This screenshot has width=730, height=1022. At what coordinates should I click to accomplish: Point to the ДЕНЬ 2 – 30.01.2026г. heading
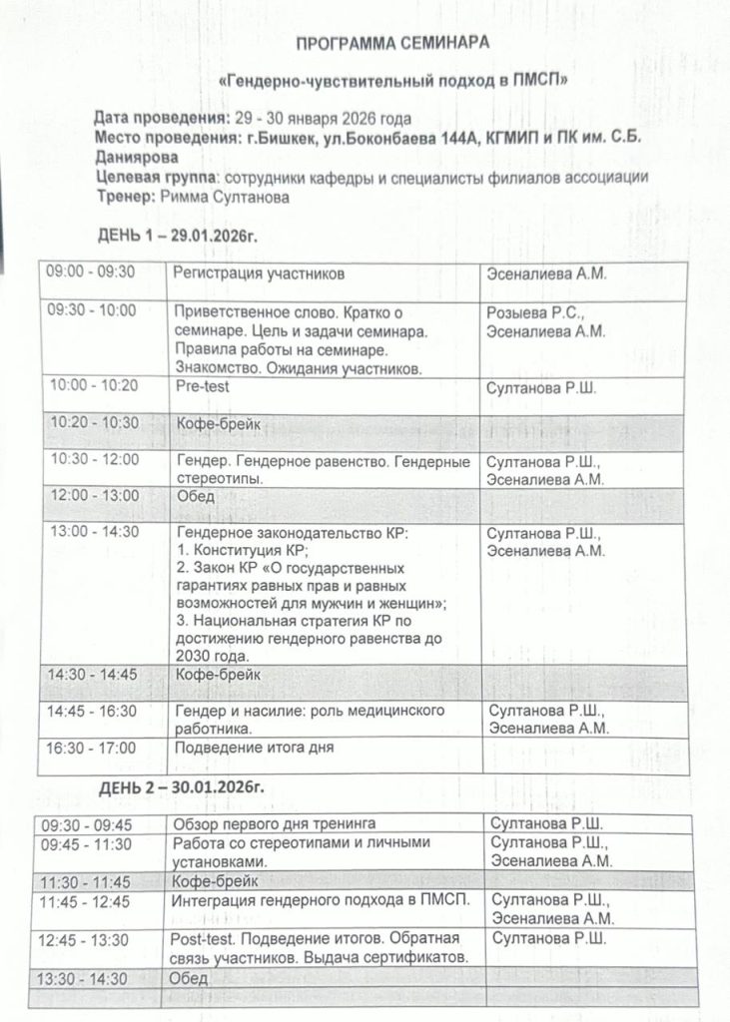coord(180,787)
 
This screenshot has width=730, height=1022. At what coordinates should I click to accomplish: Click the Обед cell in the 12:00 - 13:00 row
coord(196,496)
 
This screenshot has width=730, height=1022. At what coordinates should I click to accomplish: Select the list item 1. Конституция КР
coord(243,550)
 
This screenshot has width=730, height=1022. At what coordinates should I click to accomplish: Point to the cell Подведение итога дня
coord(255,747)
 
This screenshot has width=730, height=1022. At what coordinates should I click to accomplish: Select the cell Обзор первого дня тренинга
coord(275,823)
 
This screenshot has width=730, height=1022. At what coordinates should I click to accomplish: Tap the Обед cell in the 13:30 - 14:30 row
coord(189,979)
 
